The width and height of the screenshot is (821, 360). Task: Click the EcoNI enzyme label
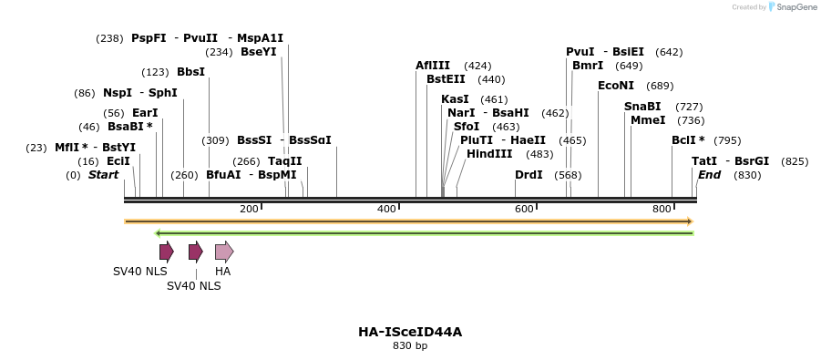coord(616,86)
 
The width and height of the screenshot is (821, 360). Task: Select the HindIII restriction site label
coord(489,154)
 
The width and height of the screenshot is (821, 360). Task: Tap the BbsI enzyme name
coord(190,72)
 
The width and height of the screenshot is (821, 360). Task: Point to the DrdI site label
coord(529,175)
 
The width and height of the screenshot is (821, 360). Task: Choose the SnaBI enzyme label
coord(642,107)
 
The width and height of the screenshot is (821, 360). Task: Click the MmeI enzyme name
coord(648,120)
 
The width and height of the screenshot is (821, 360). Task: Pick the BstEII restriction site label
coord(446,79)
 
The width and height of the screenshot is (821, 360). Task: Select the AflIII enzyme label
coord(433,66)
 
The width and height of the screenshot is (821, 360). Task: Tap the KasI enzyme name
coord(455,99)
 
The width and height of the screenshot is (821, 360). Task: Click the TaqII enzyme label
coord(284,161)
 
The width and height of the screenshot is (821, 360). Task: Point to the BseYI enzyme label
coord(258,52)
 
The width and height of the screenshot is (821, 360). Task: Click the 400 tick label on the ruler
coord(386,210)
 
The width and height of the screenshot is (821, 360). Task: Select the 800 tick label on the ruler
coord(662,210)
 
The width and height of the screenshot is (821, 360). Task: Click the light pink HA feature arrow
coord(224,252)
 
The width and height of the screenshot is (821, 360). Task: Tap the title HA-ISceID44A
coord(410,332)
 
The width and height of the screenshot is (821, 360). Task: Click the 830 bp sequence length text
coord(410,346)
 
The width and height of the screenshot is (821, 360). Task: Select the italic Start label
coord(103,175)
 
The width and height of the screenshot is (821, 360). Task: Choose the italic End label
coord(709,175)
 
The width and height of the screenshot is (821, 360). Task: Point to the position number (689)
coord(660,86)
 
